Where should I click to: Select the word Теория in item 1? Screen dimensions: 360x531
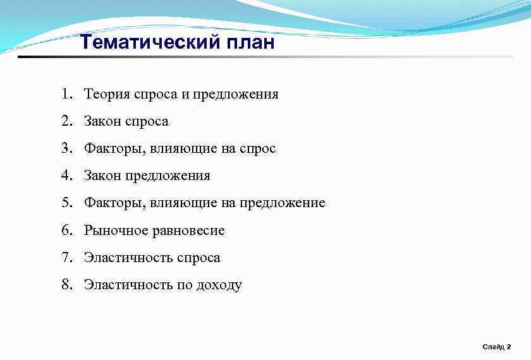[107, 94]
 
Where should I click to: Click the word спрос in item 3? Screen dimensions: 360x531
[257, 149]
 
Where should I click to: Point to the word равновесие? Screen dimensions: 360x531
[188, 231]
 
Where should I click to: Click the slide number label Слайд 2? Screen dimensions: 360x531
[497, 347]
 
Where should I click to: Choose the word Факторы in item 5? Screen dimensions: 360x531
[110, 203]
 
